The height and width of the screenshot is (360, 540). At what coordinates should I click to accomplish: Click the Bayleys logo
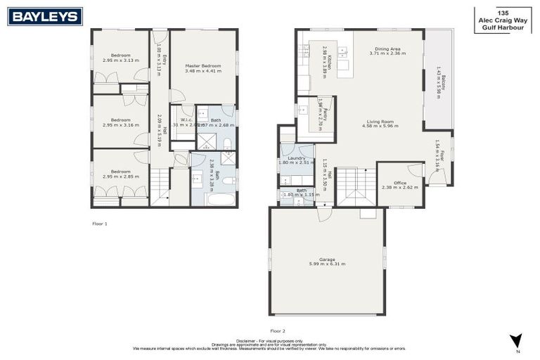45,15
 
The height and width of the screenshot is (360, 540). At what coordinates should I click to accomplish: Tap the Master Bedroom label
203,65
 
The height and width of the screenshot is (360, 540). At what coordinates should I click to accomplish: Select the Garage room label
327,259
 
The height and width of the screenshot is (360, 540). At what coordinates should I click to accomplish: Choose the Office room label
400,183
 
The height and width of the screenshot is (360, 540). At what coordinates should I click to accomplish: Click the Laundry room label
295,158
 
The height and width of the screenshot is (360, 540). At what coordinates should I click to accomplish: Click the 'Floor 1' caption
100,224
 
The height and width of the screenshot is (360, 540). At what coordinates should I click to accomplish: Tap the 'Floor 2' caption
278,329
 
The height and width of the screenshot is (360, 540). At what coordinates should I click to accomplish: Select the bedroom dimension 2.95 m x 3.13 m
121,60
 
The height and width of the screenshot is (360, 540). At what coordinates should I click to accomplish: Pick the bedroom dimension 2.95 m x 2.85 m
121,176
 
